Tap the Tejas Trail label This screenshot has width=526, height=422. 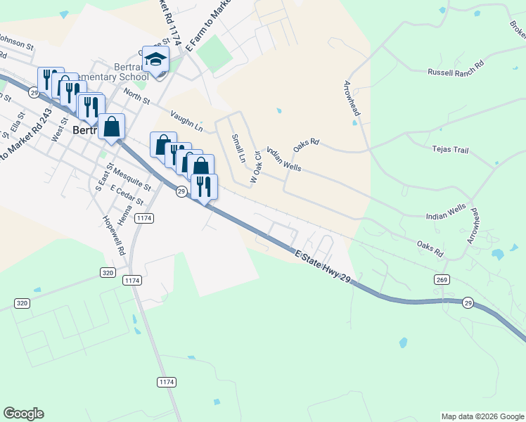pyautogui.click(x=451, y=150)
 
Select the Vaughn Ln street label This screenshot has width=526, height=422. pyautogui.click(x=186, y=121)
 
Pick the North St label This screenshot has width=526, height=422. pyautogui.click(x=136, y=96)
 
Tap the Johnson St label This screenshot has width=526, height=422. pyautogui.click(x=15, y=42)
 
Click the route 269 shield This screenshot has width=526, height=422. pyautogui.click(x=441, y=280)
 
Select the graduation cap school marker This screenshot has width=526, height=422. pyautogui.click(x=155, y=60)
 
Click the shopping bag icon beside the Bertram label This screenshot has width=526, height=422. pyautogui.click(x=111, y=127)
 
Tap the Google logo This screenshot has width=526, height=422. pyautogui.click(x=24, y=414)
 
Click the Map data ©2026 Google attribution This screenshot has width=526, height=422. pyautogui.click(x=482, y=416)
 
